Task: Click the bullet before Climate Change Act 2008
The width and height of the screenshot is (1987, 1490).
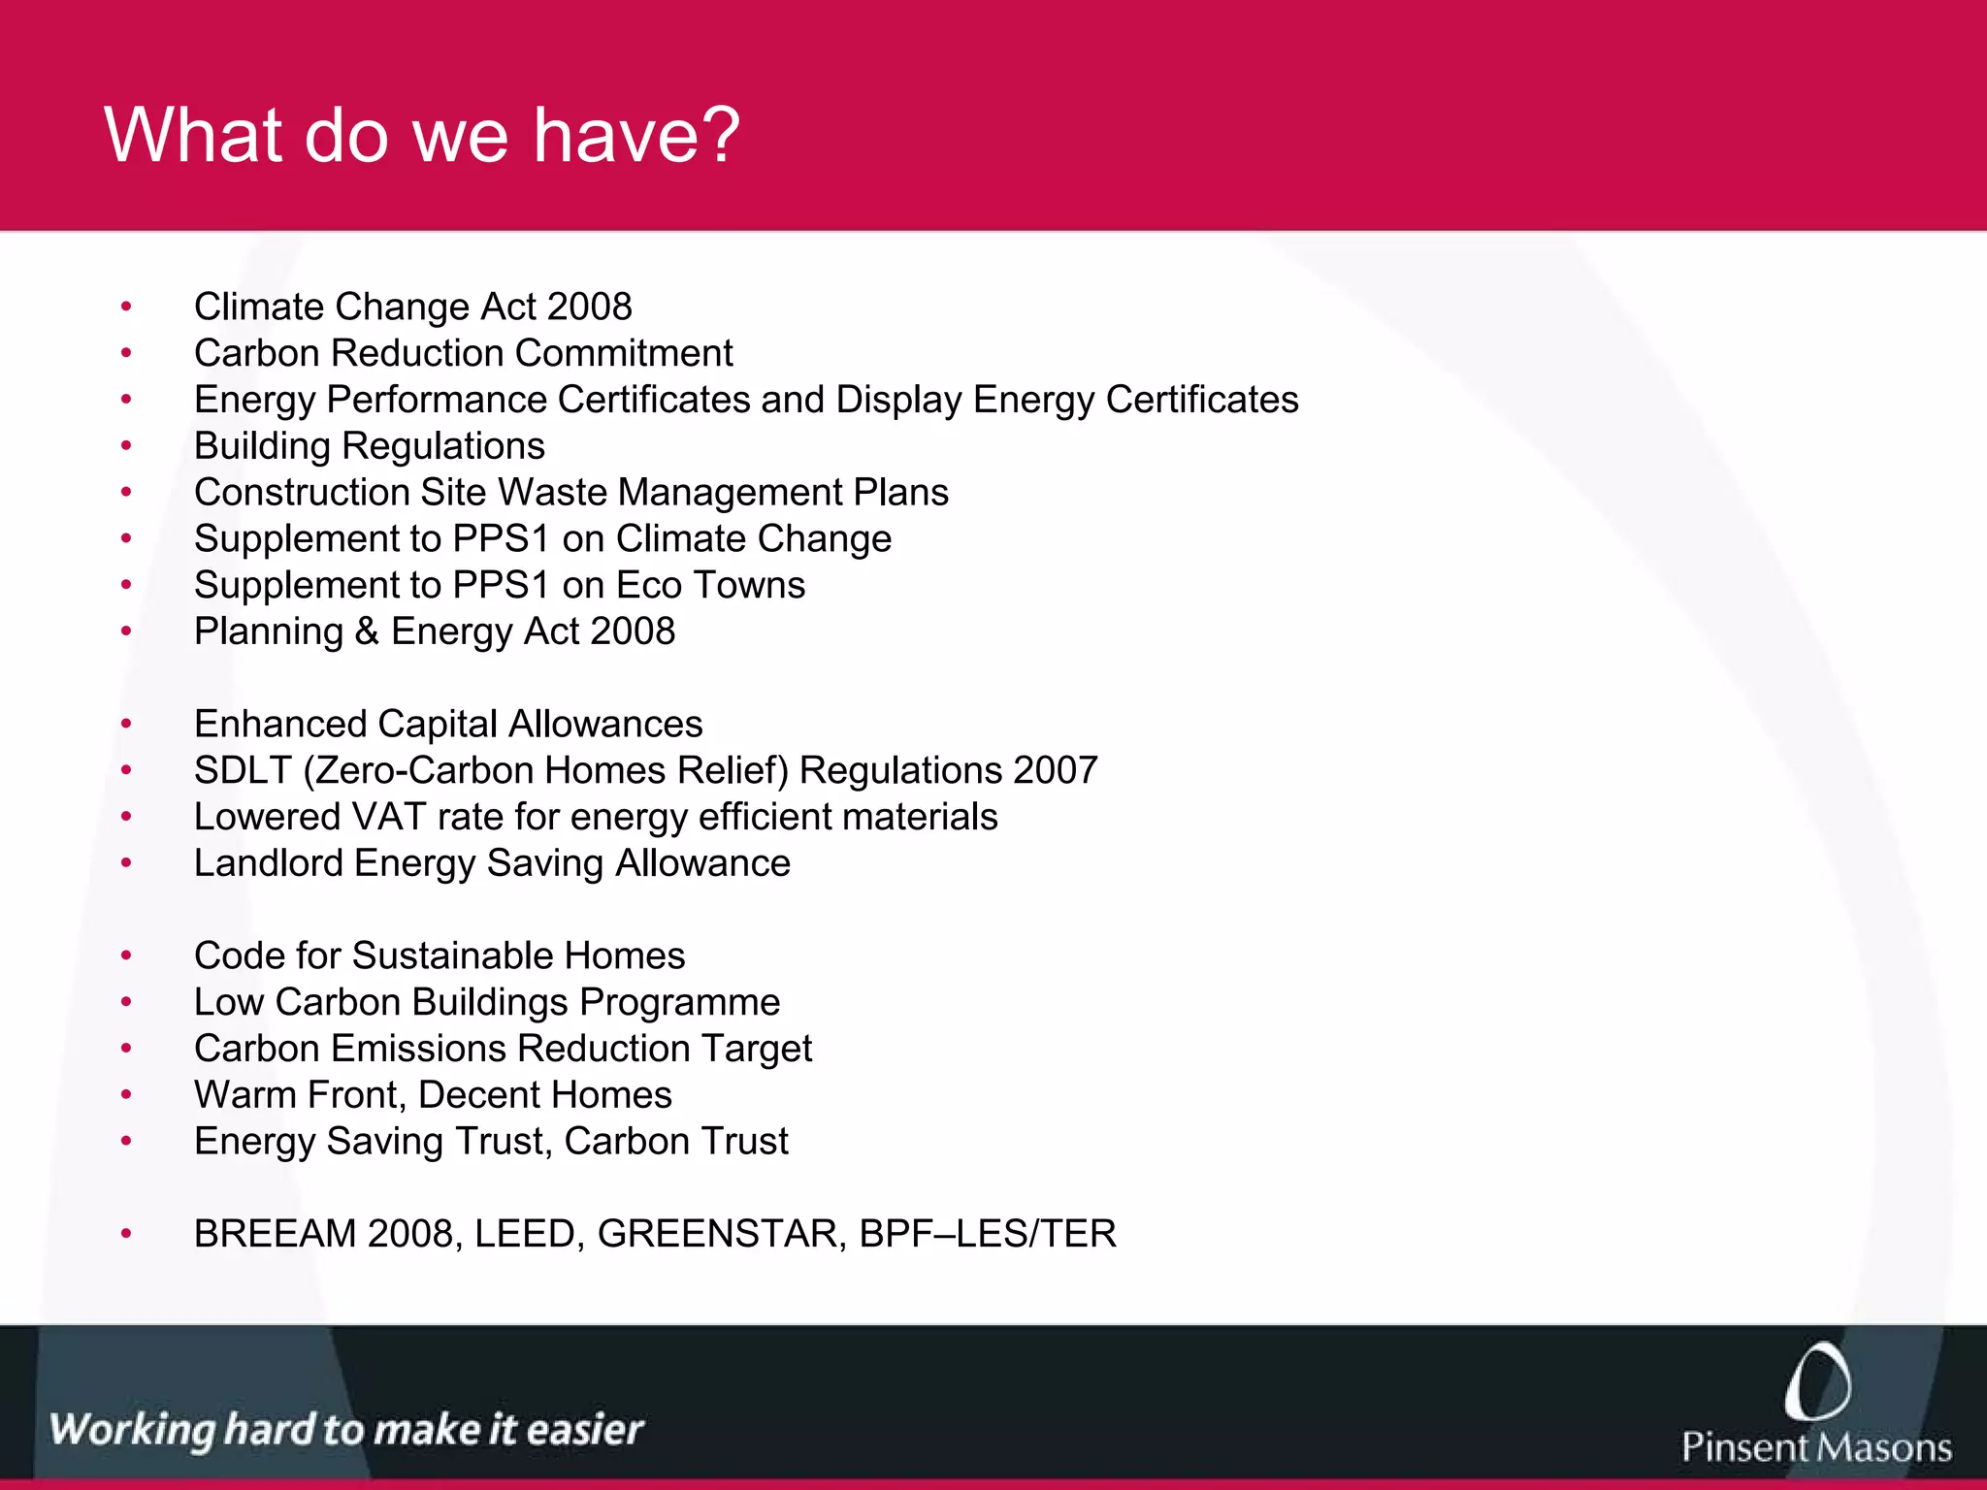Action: tap(126, 308)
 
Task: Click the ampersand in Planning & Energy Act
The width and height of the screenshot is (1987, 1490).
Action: tap(367, 632)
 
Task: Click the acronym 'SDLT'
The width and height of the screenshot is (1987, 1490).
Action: tap(243, 770)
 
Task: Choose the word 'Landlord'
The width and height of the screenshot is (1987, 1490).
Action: tap(269, 863)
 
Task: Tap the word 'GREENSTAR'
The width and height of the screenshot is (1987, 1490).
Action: tap(722, 1234)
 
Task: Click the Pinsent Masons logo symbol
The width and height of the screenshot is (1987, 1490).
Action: tap(1816, 1381)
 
